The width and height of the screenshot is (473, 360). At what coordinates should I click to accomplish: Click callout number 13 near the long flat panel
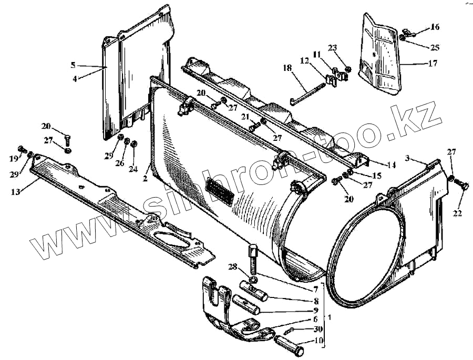coord(16,192)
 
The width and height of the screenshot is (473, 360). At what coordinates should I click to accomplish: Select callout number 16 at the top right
coord(435,27)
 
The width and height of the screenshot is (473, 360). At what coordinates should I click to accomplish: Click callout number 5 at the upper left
coord(73,65)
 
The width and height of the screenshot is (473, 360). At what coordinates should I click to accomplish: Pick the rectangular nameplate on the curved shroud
coord(220,190)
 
